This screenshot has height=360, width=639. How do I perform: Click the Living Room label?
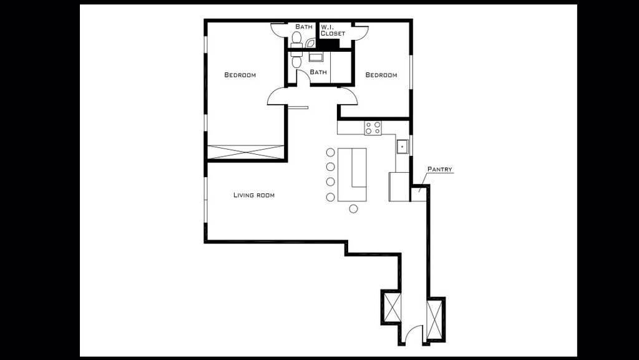[254, 195]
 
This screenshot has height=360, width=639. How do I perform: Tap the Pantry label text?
[440, 169]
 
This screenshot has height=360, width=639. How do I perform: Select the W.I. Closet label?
[333, 30]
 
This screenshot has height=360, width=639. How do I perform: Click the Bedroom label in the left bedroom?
[240, 75]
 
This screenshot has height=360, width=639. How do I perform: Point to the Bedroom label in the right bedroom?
[381, 75]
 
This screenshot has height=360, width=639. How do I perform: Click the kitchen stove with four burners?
[373, 128]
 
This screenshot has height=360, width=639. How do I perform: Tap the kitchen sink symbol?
[402, 147]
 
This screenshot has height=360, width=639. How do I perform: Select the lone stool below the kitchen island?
[353, 208]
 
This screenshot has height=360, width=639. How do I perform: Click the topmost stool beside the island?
[331, 152]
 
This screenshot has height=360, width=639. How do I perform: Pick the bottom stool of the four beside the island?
[331, 197]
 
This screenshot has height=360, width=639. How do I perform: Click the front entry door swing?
[414, 335]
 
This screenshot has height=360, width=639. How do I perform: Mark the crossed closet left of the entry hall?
[392, 307]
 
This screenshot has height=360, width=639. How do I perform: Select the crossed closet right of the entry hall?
[434, 319]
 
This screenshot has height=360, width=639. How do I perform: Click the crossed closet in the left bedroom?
[245, 152]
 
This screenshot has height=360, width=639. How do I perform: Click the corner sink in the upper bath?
[311, 44]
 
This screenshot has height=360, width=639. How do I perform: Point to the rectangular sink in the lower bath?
[316, 57]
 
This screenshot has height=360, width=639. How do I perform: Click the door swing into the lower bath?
[303, 79]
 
